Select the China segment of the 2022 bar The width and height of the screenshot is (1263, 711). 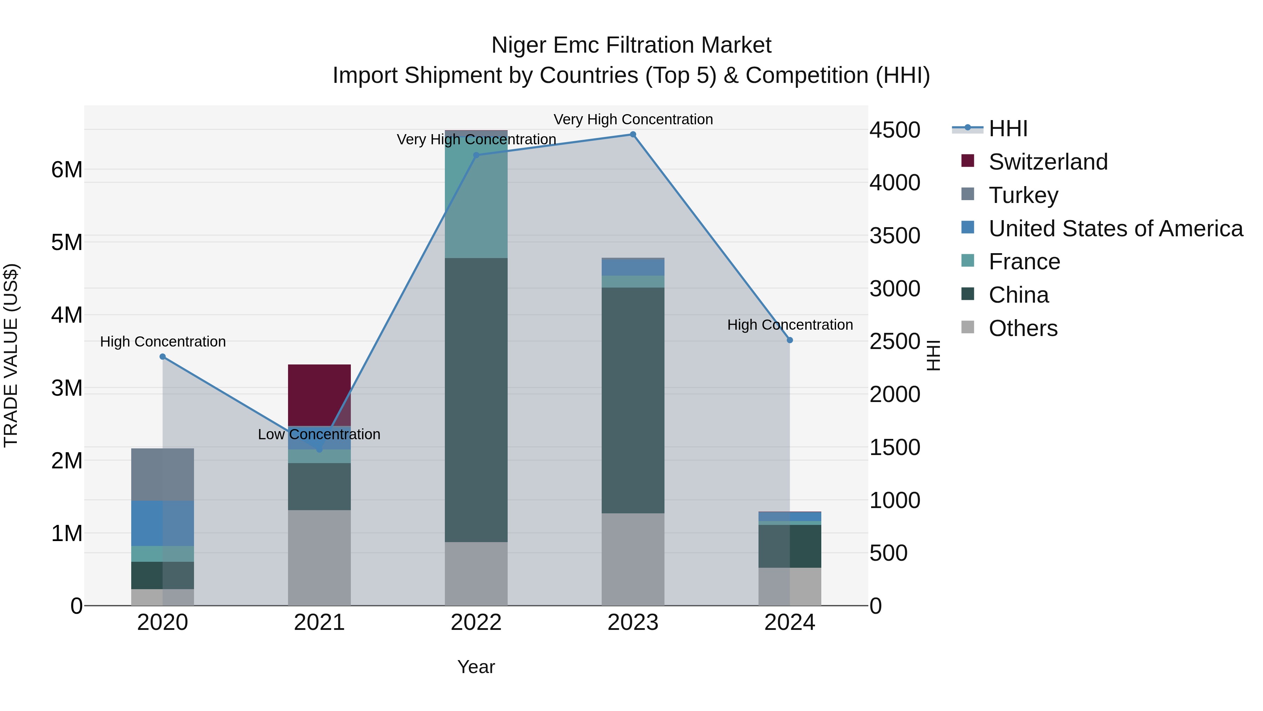(476, 400)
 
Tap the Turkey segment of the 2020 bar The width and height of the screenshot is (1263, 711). (162, 474)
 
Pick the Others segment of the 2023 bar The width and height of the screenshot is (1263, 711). (633, 559)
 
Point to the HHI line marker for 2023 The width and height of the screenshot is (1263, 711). (633, 134)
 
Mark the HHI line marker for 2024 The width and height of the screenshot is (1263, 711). (790, 340)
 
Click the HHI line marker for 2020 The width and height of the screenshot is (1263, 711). (163, 357)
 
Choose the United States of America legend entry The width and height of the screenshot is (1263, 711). (1115, 229)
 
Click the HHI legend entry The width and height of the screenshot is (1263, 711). (1008, 129)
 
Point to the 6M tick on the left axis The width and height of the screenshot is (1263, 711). (67, 170)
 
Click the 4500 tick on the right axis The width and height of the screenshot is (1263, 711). (895, 130)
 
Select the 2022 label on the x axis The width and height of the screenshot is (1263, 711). (476, 623)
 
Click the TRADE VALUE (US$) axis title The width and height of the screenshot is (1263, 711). (11, 355)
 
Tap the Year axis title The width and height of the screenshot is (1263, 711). (476, 667)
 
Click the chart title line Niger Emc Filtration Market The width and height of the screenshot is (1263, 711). (631, 45)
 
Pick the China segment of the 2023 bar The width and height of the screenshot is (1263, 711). (633, 400)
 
